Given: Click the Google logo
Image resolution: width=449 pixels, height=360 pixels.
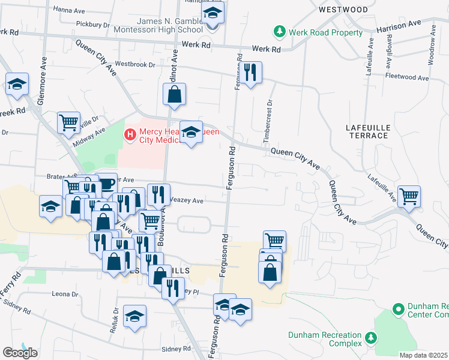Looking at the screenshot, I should coord(20,352).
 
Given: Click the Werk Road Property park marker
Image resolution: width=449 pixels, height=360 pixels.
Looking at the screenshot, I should coord(279,31).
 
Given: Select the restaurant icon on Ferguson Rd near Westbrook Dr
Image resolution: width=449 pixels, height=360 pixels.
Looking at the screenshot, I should coord(251,73).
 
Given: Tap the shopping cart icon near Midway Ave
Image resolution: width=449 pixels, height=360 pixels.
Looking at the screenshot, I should coord(69,122).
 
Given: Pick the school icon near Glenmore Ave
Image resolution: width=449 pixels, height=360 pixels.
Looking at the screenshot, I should coord(17,84).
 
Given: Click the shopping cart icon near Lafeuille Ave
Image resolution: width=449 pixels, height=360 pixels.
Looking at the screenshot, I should coord(409,196).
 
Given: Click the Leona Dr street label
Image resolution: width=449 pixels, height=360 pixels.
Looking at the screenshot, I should coord(65,295).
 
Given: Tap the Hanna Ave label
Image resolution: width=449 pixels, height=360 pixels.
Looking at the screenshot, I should coord(71,10).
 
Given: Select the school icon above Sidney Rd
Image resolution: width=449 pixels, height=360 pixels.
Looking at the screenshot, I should coord(135,316).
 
